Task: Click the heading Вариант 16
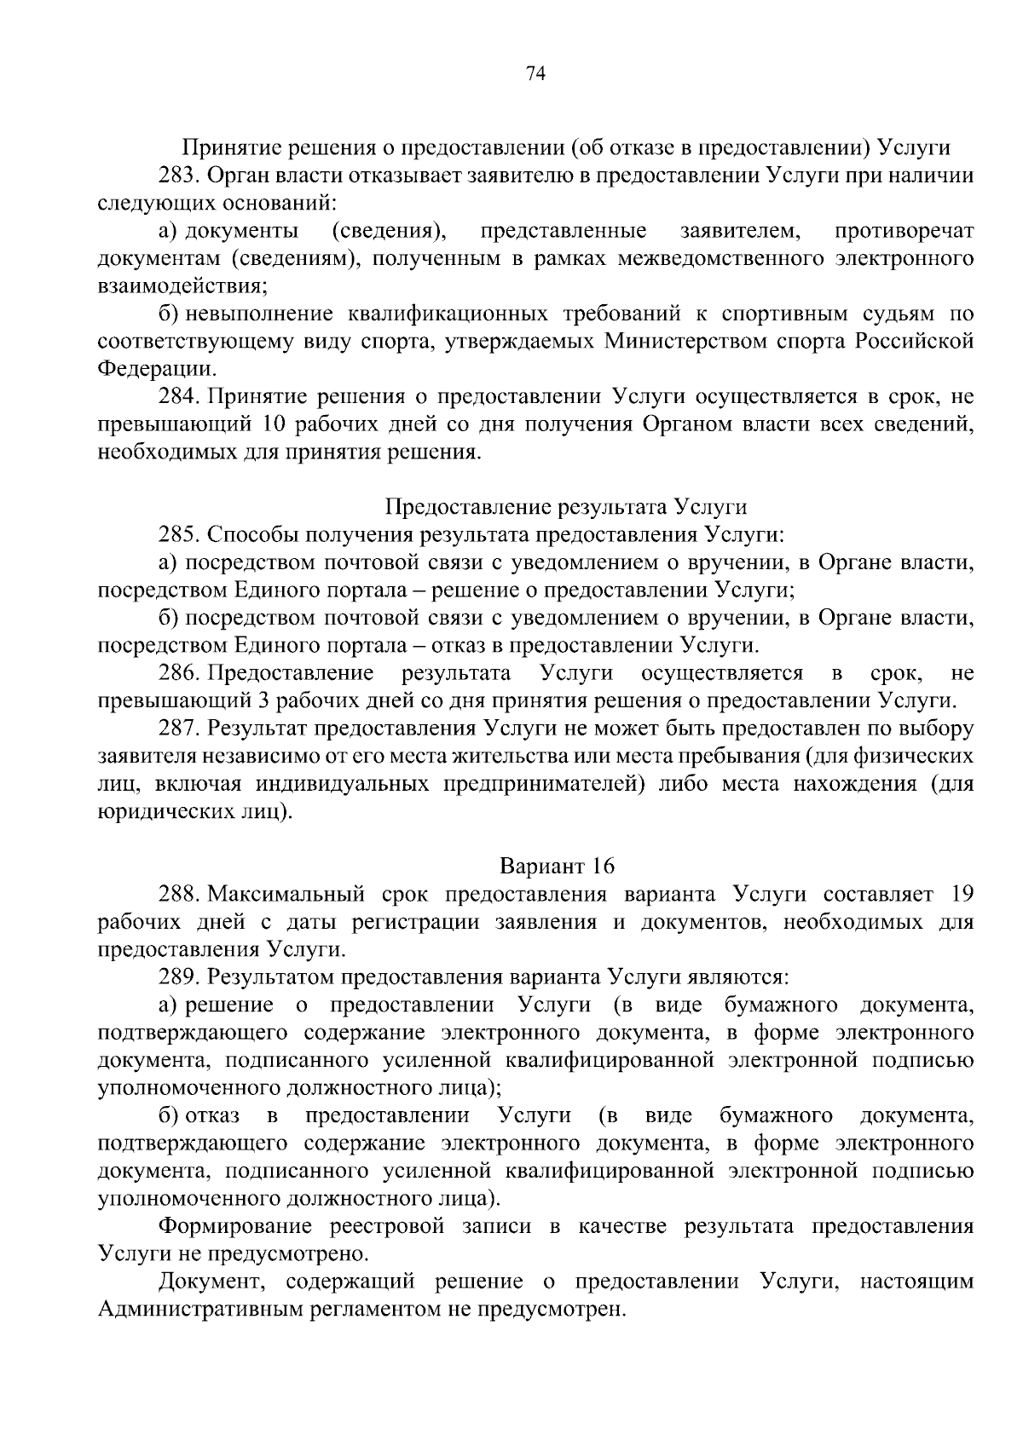point(557,867)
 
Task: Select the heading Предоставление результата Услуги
point(566,508)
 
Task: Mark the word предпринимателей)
point(540,784)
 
